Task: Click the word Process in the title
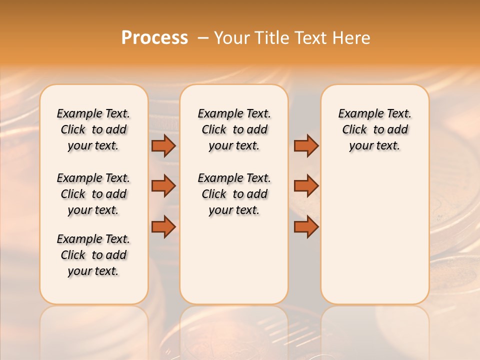154,37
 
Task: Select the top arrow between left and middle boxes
163,145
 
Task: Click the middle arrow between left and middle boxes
163,186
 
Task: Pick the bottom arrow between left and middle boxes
163,227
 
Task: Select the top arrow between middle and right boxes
306,145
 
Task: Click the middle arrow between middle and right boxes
306,186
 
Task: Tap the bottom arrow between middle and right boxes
306,227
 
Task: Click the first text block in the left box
93,129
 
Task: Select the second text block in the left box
93,194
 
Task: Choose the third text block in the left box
93,255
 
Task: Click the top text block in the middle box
234,129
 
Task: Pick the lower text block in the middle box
234,194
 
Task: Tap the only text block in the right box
374,129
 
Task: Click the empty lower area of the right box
374,235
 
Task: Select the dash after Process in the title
203,38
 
